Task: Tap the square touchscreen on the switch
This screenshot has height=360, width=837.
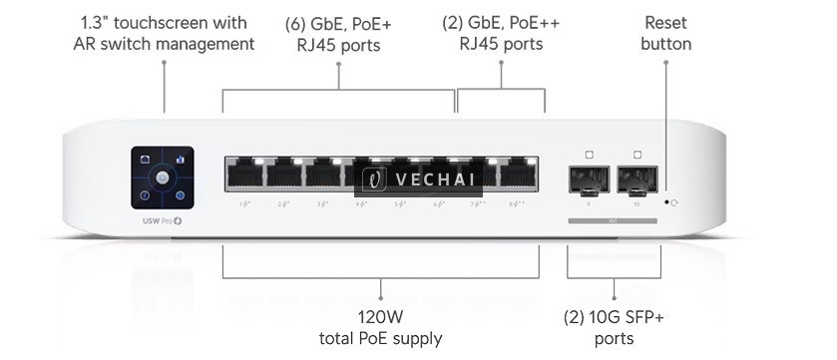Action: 162,178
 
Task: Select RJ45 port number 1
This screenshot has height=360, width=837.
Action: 244,176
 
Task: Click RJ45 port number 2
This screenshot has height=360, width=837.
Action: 283,176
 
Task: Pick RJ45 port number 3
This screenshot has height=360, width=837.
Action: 322,176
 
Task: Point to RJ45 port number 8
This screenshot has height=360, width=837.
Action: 517,176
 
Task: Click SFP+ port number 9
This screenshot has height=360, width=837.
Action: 590,180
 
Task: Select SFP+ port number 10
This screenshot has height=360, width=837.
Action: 637,180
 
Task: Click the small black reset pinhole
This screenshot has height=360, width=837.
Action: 666,200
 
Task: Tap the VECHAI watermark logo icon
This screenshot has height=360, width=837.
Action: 374,179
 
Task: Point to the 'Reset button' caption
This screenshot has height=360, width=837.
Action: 666,33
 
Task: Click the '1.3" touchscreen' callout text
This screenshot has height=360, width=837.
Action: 164,22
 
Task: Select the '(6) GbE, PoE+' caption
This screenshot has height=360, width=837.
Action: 338,23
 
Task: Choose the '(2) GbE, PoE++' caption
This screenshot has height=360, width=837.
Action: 501,23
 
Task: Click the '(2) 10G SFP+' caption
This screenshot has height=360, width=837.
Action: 613,318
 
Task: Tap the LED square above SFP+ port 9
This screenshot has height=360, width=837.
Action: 590,155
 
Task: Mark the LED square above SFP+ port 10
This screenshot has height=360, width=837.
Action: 637,155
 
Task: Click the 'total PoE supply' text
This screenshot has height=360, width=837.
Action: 380,339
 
